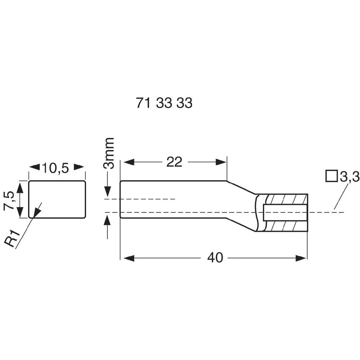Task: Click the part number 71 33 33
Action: (164, 103)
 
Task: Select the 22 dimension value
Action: (174, 162)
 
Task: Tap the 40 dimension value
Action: (215, 258)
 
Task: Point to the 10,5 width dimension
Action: (55, 168)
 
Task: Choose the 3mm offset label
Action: (108, 153)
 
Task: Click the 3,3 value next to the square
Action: (350, 177)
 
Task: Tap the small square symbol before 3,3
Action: (331, 176)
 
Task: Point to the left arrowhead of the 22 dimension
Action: (129, 162)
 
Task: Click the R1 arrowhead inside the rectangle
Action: (37, 213)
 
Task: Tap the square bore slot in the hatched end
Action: (285, 212)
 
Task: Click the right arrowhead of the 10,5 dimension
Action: (79, 167)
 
